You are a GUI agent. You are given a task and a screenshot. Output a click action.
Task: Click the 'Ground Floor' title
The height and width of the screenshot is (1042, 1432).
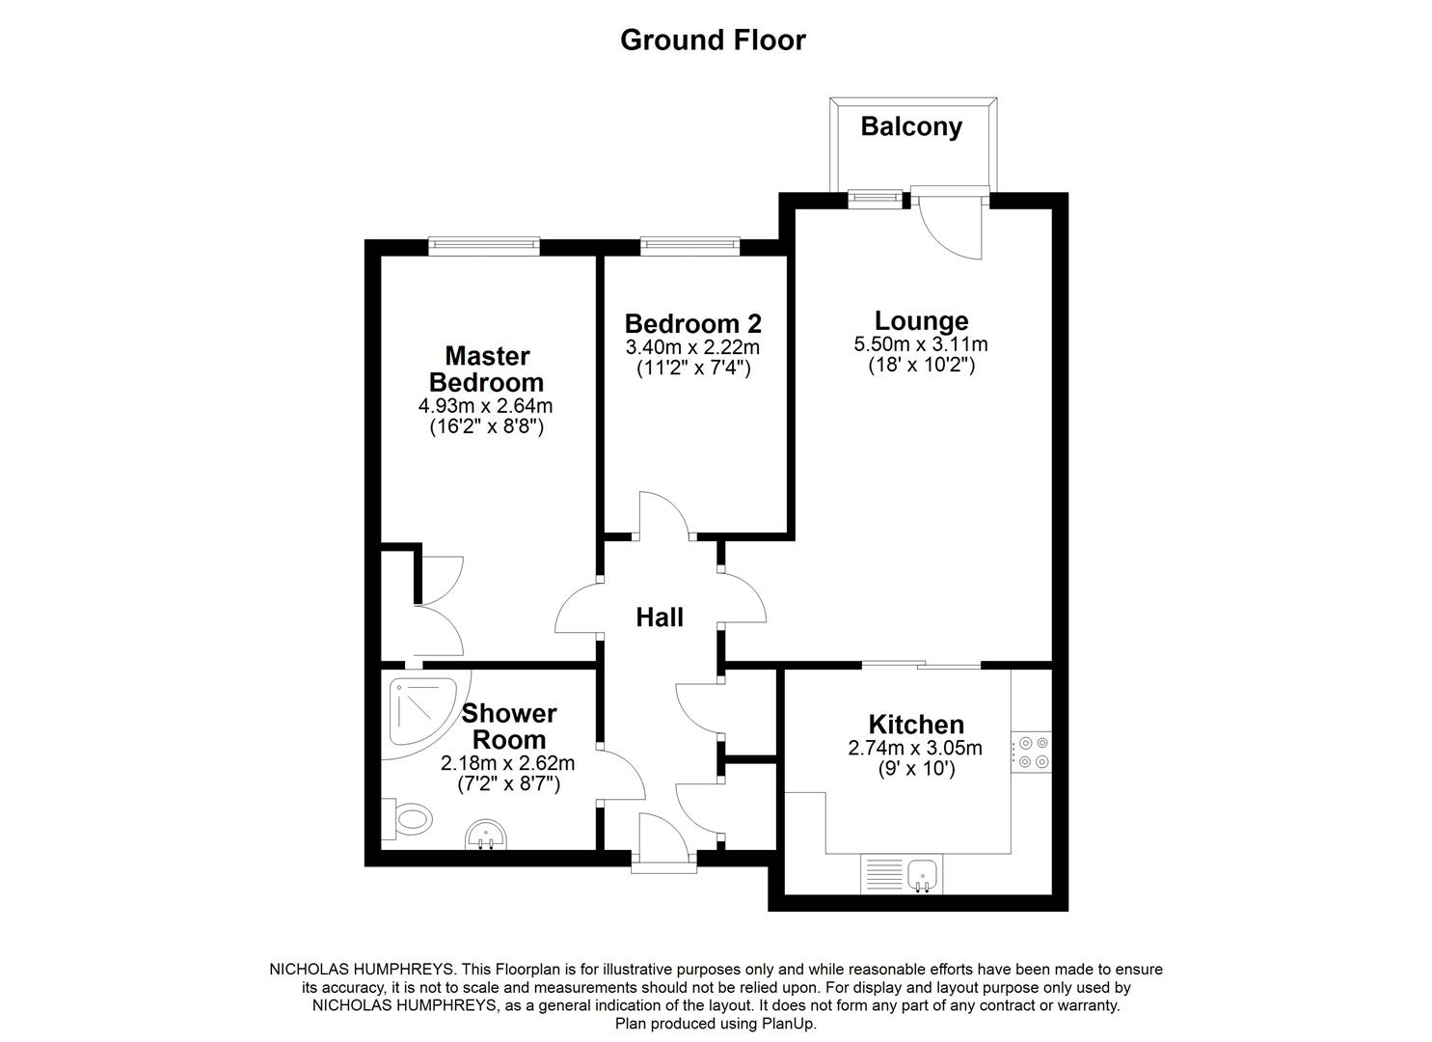tap(713, 40)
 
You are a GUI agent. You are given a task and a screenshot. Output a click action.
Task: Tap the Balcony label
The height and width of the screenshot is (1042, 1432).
tap(911, 126)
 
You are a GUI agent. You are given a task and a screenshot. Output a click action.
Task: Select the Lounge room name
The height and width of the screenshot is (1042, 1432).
tap(921, 320)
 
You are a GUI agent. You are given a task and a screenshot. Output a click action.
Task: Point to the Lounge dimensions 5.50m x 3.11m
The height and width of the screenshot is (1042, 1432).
tap(921, 343)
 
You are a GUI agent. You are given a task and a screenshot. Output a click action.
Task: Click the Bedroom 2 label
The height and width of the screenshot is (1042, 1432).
tap(692, 322)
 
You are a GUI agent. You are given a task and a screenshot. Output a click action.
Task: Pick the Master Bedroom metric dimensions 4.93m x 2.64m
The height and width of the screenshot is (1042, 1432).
tap(486, 405)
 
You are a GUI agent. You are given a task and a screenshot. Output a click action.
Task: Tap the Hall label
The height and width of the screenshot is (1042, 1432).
tap(660, 617)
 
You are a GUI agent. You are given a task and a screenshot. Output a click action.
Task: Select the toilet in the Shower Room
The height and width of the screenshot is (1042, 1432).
tap(409, 820)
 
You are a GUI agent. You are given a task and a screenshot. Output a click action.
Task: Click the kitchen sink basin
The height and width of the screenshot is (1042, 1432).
tap(925, 874)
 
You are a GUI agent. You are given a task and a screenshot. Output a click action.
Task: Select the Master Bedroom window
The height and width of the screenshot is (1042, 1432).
tap(484, 246)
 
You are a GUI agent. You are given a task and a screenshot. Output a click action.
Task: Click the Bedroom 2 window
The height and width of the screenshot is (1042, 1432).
tap(690, 246)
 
